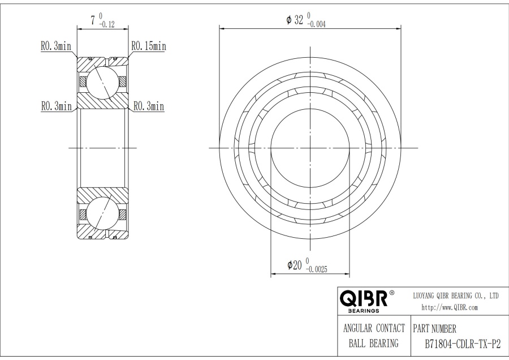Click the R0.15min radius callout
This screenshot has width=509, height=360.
click(x=149, y=46)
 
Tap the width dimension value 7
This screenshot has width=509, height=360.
click(x=92, y=21)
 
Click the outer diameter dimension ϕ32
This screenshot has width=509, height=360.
click(x=295, y=20)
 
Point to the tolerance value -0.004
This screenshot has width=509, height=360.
click(x=317, y=24)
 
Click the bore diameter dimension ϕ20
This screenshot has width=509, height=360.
click(x=293, y=265)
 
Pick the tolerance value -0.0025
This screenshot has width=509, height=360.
click(x=317, y=269)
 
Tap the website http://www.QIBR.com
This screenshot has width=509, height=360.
click(x=450, y=307)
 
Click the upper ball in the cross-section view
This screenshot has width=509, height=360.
click(x=102, y=81)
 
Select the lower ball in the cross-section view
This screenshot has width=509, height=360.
click(x=102, y=214)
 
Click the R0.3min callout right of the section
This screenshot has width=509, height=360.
click(x=148, y=106)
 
